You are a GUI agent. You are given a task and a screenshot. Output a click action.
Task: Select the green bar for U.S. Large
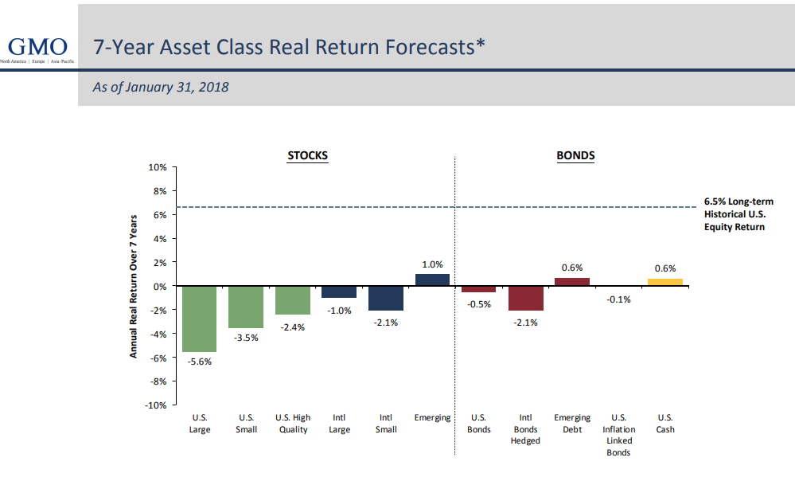pos(199,319)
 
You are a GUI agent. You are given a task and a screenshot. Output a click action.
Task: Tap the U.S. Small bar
pos(246,307)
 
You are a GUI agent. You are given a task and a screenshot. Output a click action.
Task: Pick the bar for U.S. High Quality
pos(293,300)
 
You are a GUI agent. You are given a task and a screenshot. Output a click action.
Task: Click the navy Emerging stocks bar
pos(432,280)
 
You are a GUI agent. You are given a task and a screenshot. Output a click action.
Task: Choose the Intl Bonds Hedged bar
pos(525,298)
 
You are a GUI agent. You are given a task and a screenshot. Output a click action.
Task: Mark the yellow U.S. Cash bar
pos(665,282)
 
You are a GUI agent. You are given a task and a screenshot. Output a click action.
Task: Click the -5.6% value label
pos(199,362)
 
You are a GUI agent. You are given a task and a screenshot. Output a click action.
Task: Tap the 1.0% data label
pos(432,264)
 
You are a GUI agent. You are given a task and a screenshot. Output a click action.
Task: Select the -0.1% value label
pos(618,299)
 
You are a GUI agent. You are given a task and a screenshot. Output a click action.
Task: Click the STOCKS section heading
pos(307,155)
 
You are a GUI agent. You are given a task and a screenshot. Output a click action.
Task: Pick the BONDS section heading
pos(575,155)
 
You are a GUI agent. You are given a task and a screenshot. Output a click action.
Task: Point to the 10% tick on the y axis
pos(156,167)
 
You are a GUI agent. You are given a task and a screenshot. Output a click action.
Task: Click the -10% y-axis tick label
pos(154,405)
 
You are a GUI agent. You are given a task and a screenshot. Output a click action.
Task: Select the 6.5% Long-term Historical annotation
pos(738,214)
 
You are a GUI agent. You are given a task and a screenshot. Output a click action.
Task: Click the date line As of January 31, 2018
pos(161,88)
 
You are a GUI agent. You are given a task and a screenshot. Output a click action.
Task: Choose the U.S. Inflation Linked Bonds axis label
pos(618,435)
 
